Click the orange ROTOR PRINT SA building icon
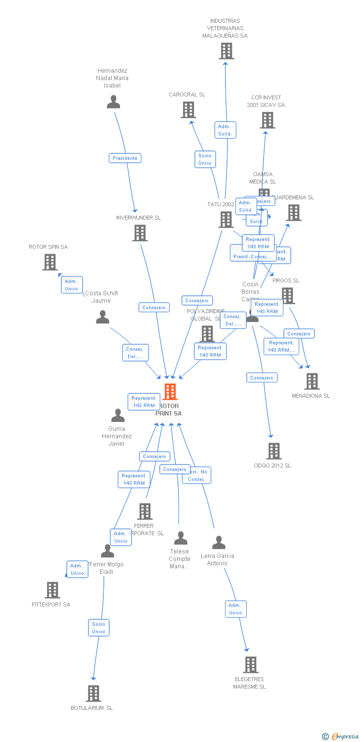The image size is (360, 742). (170, 392)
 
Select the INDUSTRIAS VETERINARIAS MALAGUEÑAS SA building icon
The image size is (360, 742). (226, 51)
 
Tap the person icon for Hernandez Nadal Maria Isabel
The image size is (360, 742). (114, 102)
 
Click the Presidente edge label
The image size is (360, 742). (125, 158)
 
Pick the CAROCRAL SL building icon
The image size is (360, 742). (188, 110)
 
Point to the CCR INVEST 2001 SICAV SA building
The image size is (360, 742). (267, 120)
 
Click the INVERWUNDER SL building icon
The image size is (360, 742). (140, 233)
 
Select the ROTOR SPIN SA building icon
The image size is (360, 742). (50, 262)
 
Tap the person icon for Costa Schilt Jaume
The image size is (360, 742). (102, 317)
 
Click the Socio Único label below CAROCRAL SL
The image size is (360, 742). (205, 159)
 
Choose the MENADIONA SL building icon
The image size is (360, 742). (312, 381)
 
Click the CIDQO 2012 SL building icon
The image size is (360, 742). (274, 451)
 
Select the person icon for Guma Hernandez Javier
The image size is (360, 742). (118, 416)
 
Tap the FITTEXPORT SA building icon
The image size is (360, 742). (52, 590)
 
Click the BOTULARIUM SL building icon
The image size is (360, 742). (93, 694)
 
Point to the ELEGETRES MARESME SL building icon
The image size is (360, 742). (251, 665)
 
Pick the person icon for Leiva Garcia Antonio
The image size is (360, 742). (219, 543)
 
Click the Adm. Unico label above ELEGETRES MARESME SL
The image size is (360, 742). (235, 609)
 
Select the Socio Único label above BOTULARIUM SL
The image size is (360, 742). (98, 628)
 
